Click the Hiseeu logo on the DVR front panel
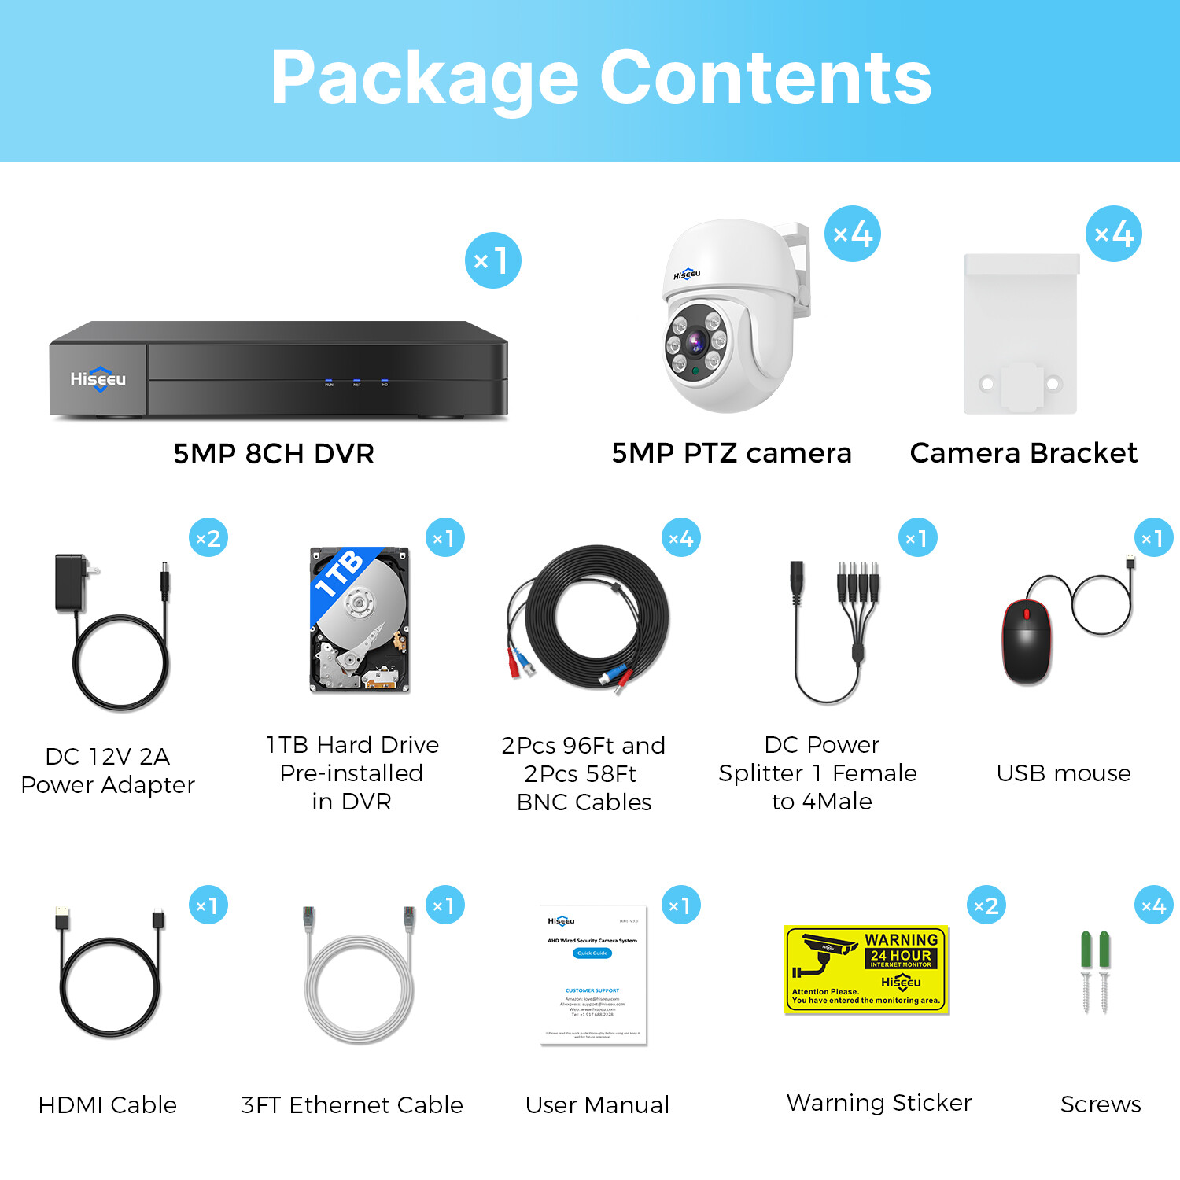pos(98,379)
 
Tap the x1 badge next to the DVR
pos(492,260)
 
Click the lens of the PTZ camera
pos(695,342)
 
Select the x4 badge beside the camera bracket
pos(1113,234)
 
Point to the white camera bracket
pos(1021,334)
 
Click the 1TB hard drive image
pos(360,620)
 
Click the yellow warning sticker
pos(866,968)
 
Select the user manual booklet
pos(593,975)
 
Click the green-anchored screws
pos(1095,972)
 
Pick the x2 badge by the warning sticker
pos(986,905)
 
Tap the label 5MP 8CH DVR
pos(274,454)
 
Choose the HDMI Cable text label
pos(108,1104)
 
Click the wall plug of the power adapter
pos(73,582)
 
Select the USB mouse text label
pos(1064,773)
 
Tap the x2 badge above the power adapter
pos(208,538)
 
